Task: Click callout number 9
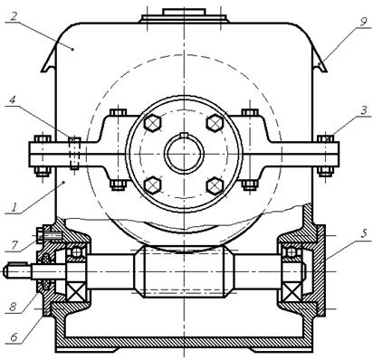pos(363,21)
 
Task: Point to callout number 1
pos(14,207)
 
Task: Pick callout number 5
pos(364,233)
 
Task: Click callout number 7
pos(14,245)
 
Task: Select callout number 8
pos(14,307)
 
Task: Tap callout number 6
pos(14,337)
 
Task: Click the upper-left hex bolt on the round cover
pos(153,123)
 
